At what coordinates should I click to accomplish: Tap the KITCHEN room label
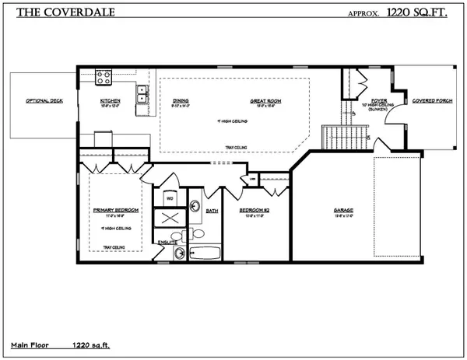(110, 101)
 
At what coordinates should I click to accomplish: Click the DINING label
(181, 101)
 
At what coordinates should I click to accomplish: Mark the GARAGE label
(344, 210)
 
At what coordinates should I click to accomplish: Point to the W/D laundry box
(169, 199)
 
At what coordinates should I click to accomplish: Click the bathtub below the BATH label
(205, 253)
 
